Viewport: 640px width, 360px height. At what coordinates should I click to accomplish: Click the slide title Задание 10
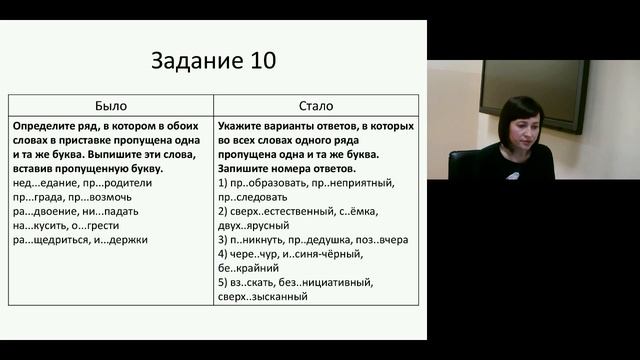click(214, 60)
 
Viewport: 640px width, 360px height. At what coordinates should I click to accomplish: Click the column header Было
click(110, 105)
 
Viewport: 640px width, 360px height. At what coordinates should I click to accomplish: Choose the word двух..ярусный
click(253, 226)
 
